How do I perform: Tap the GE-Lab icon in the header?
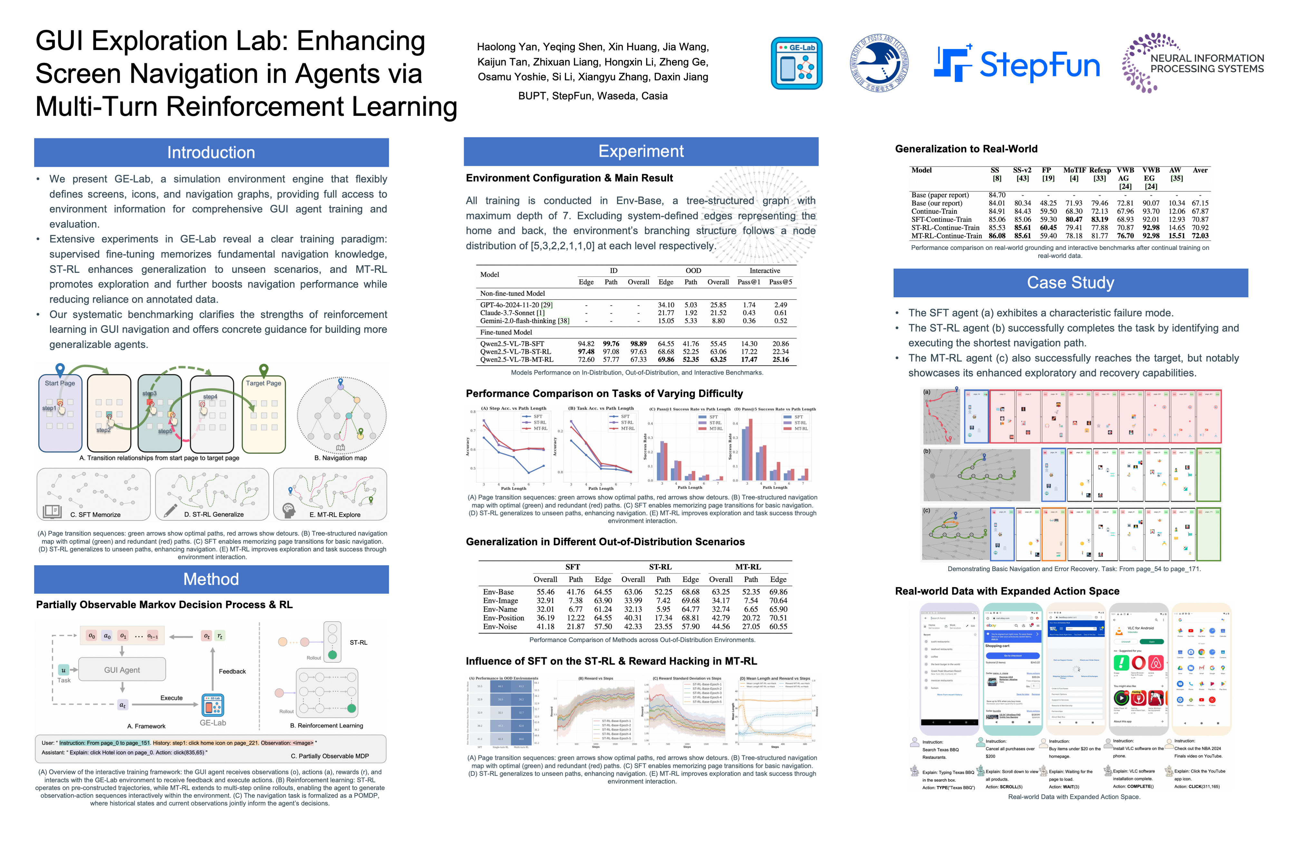pos(796,63)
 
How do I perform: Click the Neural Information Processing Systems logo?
pos(1193,63)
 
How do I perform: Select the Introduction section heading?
pos(211,153)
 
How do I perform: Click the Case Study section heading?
pos(1070,282)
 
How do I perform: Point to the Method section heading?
pos(211,579)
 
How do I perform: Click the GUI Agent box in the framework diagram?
pos(122,670)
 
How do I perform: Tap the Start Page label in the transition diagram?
pos(60,383)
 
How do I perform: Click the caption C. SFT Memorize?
pos(95,514)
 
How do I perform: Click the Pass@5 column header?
pos(780,282)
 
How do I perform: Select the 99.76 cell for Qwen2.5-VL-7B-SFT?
pos(611,344)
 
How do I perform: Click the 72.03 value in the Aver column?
pos(1200,236)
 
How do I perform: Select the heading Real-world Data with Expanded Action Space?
pos(1007,591)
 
